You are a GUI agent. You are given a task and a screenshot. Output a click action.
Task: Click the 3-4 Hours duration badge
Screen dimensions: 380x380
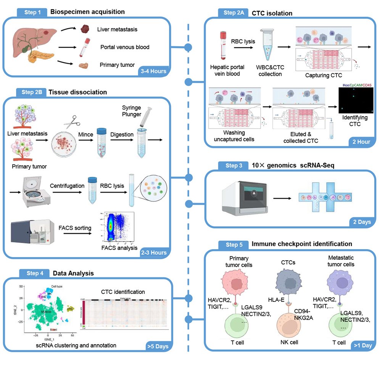(x=152, y=71)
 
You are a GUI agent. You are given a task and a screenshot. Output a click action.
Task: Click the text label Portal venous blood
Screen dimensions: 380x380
(x=125, y=47)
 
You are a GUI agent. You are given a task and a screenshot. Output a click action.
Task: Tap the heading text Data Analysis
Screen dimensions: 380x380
(x=73, y=273)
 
